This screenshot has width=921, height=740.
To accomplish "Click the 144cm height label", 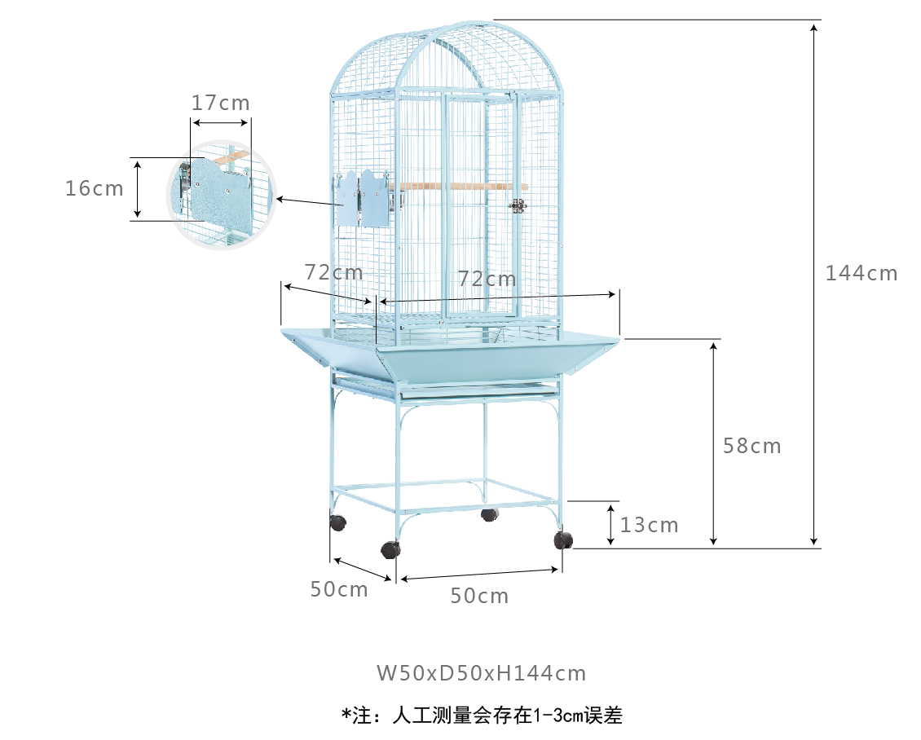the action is (x=861, y=273).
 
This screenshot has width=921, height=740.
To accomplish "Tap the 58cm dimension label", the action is (x=751, y=446).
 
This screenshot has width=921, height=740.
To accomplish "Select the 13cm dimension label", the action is (x=649, y=525).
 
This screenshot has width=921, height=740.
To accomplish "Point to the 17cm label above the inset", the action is (x=221, y=104).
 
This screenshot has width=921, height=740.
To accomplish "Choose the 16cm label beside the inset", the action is (x=95, y=188).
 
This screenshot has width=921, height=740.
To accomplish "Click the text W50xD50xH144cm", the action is (x=481, y=673).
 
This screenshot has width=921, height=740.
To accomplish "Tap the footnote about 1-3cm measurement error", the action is (x=482, y=716).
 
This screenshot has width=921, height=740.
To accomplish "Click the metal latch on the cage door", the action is (x=517, y=205).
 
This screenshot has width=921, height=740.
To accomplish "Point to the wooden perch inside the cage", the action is (x=460, y=187).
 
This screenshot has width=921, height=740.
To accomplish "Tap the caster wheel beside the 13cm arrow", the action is (x=563, y=540).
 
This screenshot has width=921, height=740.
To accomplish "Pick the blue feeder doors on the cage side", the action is (x=364, y=198).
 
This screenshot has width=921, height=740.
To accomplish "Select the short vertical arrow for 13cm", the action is (x=611, y=524).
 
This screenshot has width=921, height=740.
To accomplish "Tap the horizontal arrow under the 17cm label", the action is (x=221, y=124).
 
